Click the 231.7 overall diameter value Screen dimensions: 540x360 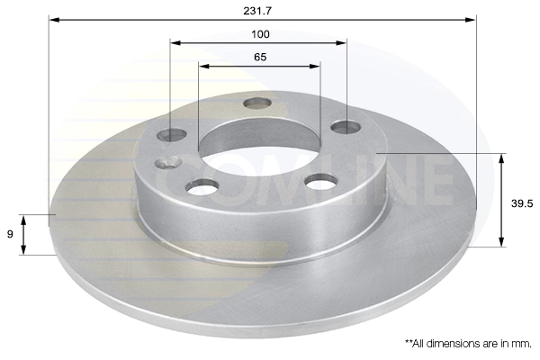click(257, 11)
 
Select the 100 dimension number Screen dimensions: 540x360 click(260, 34)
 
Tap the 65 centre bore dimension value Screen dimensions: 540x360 click(260, 57)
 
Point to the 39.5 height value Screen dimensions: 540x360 click(522, 203)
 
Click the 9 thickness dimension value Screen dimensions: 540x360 click(10, 234)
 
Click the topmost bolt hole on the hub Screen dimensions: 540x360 click(256, 103)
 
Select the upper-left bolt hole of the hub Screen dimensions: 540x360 click(172, 135)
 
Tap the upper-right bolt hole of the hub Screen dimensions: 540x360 click(346, 127)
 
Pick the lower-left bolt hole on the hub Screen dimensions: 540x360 click(202, 186)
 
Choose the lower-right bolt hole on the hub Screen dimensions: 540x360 click(321, 182)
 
